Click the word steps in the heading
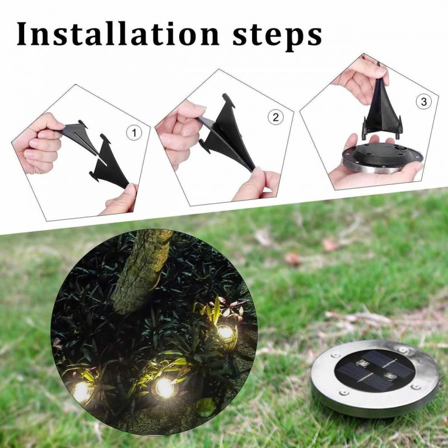click(277, 36)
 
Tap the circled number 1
click(134, 133)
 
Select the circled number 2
click(276, 118)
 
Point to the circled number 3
click(424, 102)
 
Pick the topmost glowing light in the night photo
click(225, 332)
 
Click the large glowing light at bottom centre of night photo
click(165, 388)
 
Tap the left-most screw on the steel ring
click(334, 356)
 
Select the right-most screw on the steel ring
click(416, 387)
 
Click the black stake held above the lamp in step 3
click(381, 109)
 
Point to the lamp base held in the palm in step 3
click(383, 158)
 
